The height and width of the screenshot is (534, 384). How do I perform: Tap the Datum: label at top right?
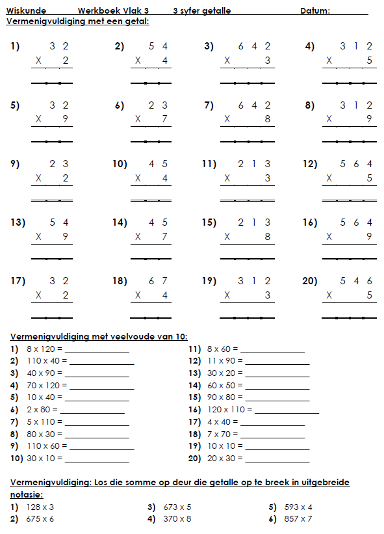[315, 11]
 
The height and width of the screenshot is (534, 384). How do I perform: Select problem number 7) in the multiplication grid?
[209, 105]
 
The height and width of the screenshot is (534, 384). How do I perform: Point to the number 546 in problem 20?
[357, 282]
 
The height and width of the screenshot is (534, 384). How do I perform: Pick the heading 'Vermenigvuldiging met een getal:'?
[77, 21]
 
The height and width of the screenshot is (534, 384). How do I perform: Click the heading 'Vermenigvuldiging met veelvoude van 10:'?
[99, 336]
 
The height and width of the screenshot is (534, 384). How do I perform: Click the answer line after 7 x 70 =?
[275, 434]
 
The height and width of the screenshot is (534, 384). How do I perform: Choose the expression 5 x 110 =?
[43, 421]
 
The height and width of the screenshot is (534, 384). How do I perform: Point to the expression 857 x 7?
[298, 518]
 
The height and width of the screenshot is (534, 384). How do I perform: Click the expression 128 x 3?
[40, 507]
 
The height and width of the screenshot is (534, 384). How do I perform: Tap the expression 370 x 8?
[177, 518]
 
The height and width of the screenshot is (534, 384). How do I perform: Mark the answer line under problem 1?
[51, 83]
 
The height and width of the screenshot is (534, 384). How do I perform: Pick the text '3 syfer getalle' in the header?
[202, 11]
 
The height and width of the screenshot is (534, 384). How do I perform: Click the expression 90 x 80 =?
[224, 397]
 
